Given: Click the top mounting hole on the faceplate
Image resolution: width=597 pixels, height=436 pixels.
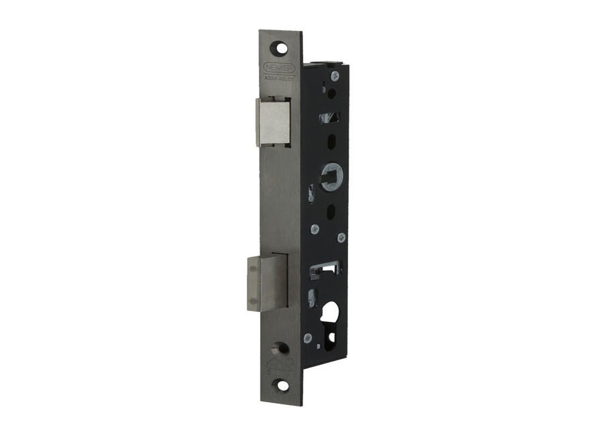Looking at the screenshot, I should (280, 49).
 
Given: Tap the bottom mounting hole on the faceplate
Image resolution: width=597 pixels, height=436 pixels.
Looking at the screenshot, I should (282, 385).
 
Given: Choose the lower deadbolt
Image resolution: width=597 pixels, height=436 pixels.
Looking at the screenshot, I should (267, 282).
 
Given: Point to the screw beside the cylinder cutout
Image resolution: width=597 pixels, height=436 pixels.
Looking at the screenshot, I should (308, 337).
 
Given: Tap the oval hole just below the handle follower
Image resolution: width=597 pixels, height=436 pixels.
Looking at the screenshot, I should (329, 210).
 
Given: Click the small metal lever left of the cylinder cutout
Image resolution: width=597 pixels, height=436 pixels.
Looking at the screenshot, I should (311, 297).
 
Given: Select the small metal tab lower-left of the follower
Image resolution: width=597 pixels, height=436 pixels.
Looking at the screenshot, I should (310, 194).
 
